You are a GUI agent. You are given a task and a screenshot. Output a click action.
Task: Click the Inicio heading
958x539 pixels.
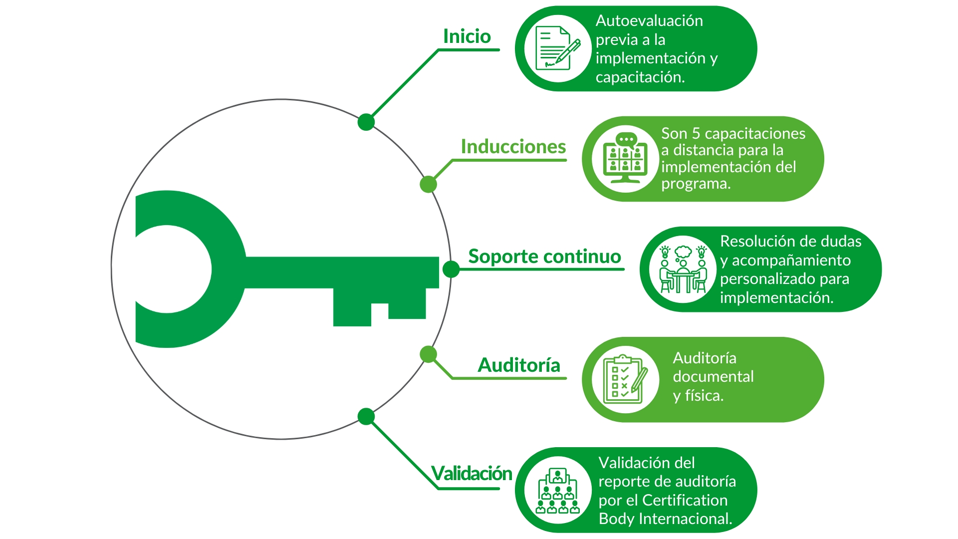[467, 36]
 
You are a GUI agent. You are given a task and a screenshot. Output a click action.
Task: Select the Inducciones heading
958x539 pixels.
[513, 147]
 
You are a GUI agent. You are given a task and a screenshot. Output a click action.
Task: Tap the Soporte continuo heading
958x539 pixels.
[544, 257]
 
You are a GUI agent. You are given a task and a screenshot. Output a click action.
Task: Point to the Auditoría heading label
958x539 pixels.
[519, 365]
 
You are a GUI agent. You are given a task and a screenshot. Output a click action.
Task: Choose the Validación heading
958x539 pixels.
[472, 473]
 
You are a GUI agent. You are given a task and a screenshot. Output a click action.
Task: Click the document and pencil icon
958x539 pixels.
[557, 48]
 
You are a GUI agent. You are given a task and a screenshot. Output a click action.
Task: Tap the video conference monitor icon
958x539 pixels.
[625, 159]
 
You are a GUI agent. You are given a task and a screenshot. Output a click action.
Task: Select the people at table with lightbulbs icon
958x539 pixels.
[683, 269]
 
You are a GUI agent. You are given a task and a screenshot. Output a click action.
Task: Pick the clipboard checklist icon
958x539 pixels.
[625, 379]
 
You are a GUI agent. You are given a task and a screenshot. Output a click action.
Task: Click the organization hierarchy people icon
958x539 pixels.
[558, 491]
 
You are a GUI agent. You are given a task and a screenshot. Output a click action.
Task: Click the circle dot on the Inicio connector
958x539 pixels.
[366, 122]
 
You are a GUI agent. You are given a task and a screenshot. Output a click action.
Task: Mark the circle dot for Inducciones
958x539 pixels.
[428, 184]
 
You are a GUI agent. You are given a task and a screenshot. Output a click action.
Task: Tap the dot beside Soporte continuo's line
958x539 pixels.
[451, 269]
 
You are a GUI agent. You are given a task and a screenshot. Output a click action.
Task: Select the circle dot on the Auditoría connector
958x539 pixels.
[428, 354]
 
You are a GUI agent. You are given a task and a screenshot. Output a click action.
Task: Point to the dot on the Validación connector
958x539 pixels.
[366, 416]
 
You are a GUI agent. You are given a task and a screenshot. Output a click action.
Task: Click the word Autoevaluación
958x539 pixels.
[649, 21]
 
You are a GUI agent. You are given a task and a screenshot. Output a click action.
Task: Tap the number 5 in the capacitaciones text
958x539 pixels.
[696, 134]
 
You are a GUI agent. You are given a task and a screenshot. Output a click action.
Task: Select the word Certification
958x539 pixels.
[685, 500]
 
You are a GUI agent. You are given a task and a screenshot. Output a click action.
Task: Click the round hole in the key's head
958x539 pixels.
[168, 269]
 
